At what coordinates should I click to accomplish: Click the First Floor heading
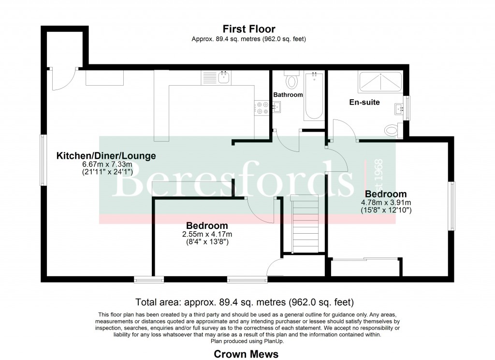pos(248,30)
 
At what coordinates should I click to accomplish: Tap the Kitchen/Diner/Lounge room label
pos(106,156)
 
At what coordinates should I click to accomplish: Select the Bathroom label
pos(288,95)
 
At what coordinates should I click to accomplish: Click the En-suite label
pos(364,102)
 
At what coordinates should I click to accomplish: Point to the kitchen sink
pos(223,77)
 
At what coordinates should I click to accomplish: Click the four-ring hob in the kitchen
pos(262,108)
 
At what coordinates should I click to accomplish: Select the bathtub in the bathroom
pos(314,96)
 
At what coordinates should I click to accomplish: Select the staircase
pos(305,224)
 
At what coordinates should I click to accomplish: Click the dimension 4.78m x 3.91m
pos(385,203)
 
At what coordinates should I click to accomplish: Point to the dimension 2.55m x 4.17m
pos(207,234)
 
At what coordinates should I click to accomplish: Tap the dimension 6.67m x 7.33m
pos(106,165)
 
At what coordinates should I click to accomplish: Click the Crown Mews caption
pos(246,354)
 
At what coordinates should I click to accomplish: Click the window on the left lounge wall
pos(43,159)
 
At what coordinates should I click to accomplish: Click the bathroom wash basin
pos(277,108)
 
